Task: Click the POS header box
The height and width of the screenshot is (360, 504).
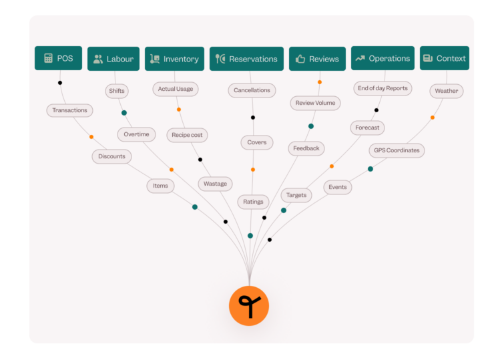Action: (58, 58)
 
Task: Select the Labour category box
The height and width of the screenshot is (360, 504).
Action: (113, 59)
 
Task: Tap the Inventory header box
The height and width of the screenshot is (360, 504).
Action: (174, 59)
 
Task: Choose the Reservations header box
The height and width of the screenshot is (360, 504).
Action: (246, 59)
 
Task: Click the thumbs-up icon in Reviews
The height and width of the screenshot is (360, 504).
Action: (300, 59)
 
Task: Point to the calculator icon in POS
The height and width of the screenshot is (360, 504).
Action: (48, 58)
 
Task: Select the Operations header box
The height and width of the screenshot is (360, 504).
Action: (383, 58)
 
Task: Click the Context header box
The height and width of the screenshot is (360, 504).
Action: (445, 58)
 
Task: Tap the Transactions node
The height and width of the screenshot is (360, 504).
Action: (69, 110)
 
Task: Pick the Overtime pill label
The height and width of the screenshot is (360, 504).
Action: (136, 134)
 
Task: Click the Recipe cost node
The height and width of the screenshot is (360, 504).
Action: (187, 135)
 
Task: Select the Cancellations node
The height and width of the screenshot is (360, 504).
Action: (252, 90)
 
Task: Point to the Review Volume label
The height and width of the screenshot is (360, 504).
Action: (315, 103)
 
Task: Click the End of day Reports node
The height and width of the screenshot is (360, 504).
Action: (383, 88)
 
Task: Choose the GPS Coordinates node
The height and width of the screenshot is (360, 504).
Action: (397, 150)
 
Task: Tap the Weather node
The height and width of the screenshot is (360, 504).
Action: (447, 91)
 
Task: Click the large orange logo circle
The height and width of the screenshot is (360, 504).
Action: (249, 306)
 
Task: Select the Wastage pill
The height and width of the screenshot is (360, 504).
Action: (216, 184)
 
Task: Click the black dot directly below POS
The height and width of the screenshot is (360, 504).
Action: (60, 83)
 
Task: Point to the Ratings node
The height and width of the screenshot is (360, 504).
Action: (253, 202)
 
